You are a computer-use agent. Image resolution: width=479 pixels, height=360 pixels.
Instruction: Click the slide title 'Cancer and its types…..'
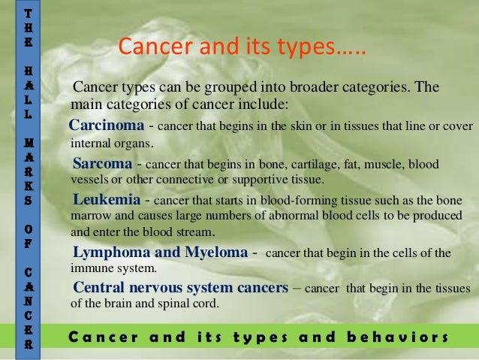(241, 48)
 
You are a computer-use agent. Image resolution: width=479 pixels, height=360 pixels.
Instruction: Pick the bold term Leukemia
(107, 201)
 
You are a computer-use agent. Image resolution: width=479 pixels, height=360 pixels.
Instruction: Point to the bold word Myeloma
(213, 252)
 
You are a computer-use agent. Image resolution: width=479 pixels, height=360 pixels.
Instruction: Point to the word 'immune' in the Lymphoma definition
(89, 268)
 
